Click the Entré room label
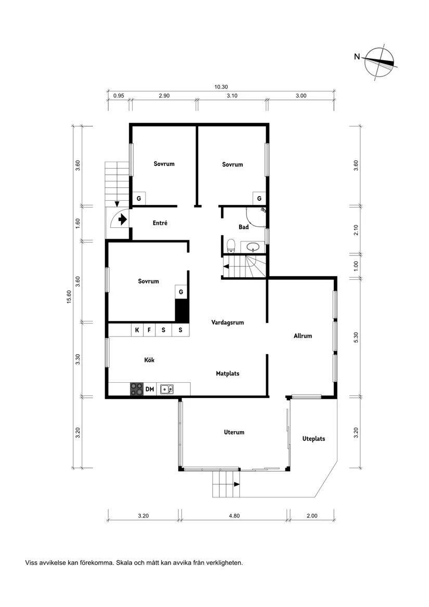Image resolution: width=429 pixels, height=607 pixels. pos(160,223)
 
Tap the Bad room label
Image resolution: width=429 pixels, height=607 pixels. pos(243,227)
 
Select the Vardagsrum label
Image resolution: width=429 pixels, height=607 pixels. pos(228,322)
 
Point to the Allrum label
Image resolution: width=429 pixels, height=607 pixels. pos(303,336)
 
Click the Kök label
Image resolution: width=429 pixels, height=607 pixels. pos(150,360)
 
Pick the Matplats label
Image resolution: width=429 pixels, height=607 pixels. pos(228,373)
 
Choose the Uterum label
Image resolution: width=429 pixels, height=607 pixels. pos(234,432)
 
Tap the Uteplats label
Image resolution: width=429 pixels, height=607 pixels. pos(314,439)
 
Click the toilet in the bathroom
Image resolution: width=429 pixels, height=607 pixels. pos(231,245)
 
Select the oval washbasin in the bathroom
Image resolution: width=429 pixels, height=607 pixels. pos(254,247)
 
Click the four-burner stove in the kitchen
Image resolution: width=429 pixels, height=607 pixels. pos(137,389)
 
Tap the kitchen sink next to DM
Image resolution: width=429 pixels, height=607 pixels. pos(167,389)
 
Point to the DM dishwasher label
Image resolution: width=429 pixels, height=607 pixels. pos(150,389)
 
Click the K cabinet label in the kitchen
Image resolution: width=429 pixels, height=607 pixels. pos(137,330)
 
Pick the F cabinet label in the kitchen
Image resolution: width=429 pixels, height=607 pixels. pos(149,330)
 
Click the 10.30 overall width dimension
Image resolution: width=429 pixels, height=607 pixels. pos(221,87)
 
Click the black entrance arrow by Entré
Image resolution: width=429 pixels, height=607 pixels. pos(123,220)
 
